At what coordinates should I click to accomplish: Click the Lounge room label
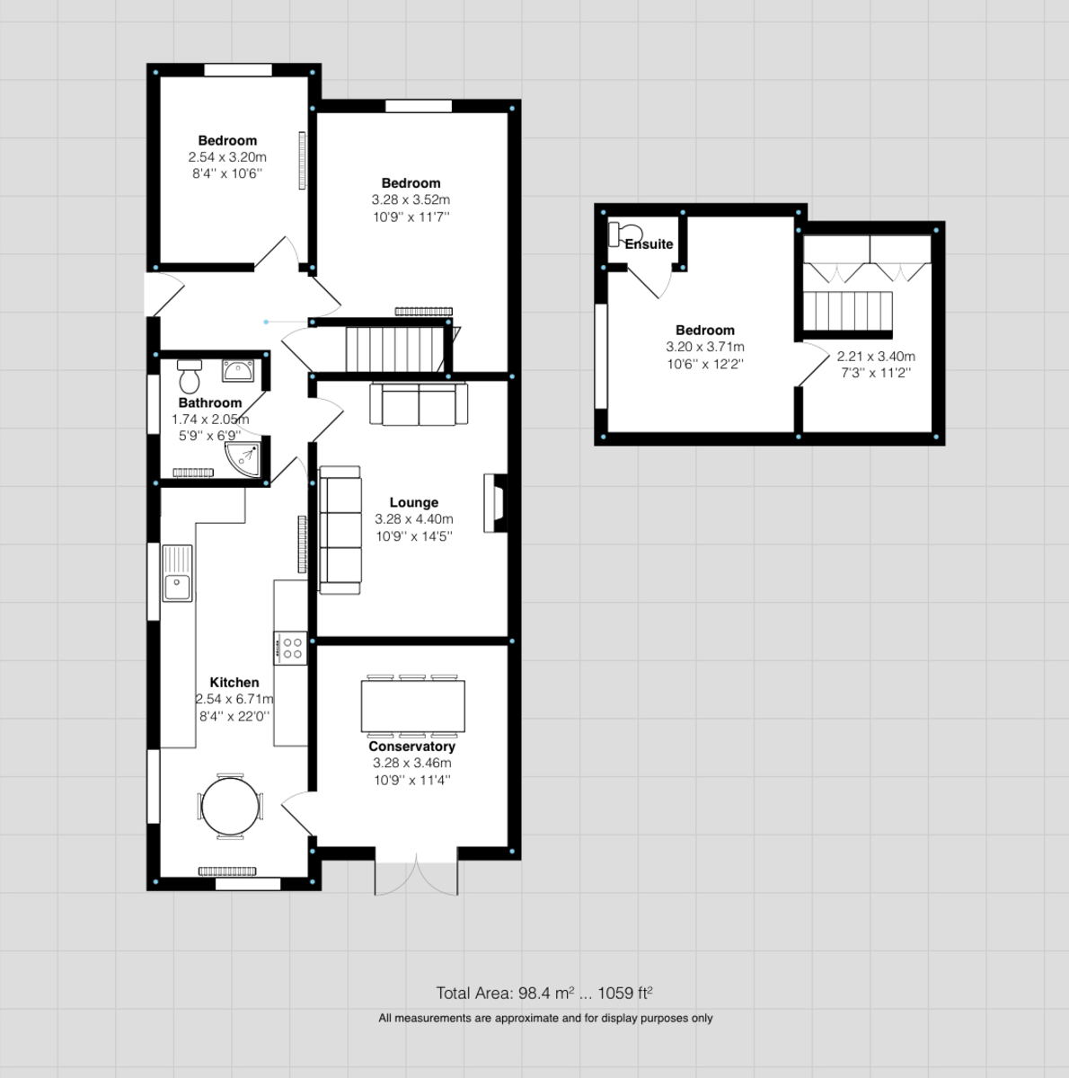point(413,503)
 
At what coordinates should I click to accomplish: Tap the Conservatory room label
point(411,747)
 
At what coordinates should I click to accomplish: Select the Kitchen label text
point(234,683)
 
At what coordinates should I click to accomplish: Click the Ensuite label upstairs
point(649,244)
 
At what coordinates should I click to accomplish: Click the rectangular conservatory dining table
point(413,706)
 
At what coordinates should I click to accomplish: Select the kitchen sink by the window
point(177,573)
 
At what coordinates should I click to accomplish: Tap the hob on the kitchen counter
point(291,648)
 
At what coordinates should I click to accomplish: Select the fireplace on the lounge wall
point(494,504)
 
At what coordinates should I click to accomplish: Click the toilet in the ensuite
point(621,234)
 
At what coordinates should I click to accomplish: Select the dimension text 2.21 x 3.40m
point(875,356)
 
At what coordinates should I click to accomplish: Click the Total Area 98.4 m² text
point(543,993)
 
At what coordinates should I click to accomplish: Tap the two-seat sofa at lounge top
point(420,404)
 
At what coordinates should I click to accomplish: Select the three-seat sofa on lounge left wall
point(340,530)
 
